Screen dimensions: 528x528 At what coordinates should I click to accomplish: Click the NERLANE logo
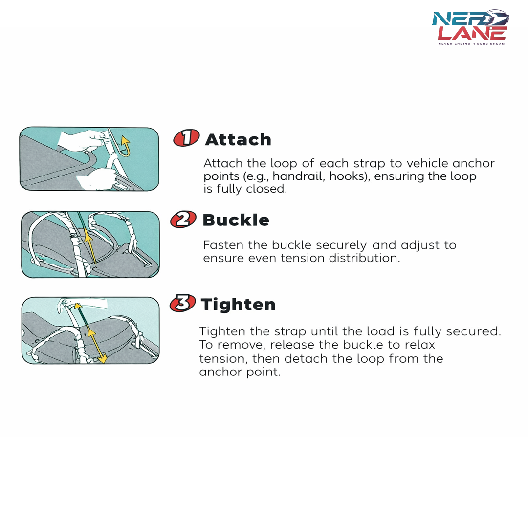[x=470, y=27]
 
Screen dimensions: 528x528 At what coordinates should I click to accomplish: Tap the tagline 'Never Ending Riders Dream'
[x=471, y=44]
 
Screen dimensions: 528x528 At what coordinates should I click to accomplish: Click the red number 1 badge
[x=186, y=138]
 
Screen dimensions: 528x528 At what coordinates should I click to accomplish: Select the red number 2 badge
[x=183, y=220]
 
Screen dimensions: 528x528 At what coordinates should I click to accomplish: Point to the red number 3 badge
[x=183, y=303]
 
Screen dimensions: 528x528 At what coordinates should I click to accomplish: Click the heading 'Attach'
[x=238, y=140]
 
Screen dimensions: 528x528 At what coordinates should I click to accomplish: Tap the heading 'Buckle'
[x=236, y=220]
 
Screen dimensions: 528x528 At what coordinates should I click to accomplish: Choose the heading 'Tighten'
[x=238, y=305]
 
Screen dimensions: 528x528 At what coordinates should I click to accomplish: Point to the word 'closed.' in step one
[x=266, y=189]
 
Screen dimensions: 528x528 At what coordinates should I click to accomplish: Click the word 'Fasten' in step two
[x=223, y=245]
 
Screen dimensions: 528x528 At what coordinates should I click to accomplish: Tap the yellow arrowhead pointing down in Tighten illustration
[x=102, y=358]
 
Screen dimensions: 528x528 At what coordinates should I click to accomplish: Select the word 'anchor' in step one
[x=473, y=163]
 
